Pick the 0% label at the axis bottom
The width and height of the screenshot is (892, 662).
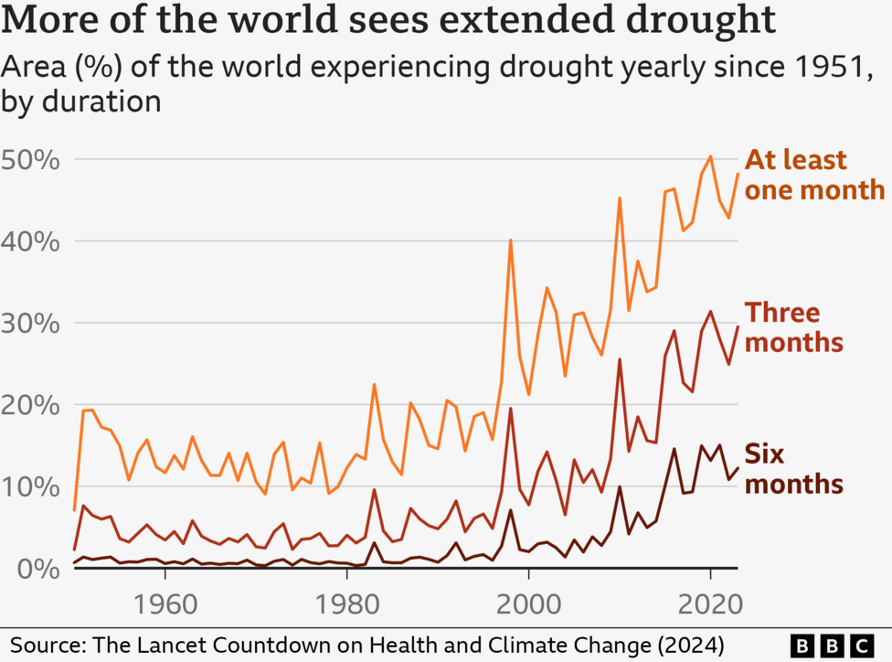(38, 568)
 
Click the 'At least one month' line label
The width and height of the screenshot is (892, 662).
(814, 175)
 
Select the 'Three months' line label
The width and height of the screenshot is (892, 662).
(792, 326)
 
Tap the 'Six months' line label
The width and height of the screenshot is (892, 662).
(792, 468)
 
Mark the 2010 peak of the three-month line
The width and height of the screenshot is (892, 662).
(620, 359)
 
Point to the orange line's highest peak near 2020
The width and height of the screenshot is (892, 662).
(710, 156)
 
